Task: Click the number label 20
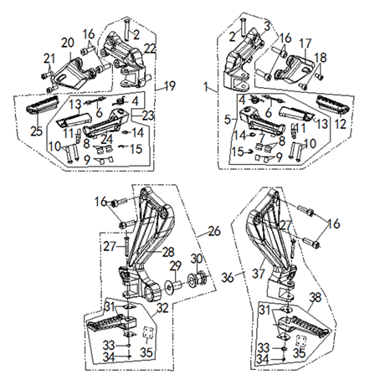point(68,43)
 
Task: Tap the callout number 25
point(37,131)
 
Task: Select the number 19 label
point(170,85)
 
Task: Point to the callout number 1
point(206,86)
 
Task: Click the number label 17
point(306,44)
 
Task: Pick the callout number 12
point(341,124)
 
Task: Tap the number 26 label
point(214,231)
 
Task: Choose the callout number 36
point(228,277)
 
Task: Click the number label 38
point(316,297)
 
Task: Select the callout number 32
point(162,308)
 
